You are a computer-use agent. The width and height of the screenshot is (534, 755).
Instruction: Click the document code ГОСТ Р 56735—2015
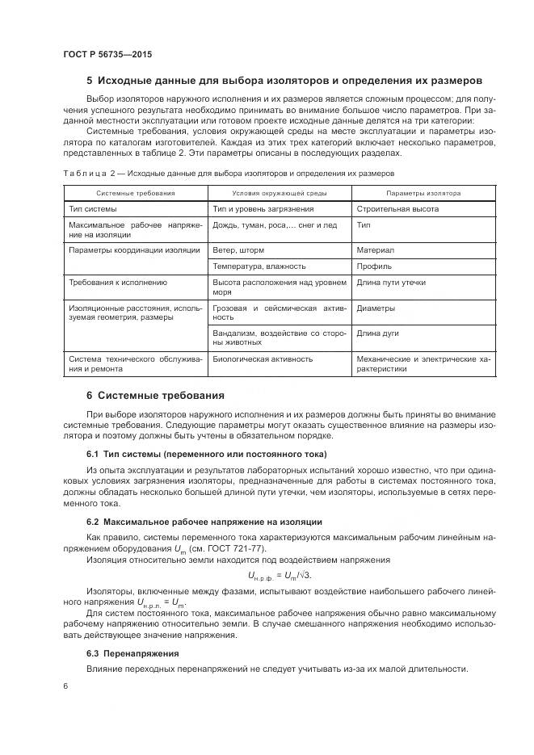(x=107, y=54)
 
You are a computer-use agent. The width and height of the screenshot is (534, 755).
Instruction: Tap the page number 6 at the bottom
(x=65, y=686)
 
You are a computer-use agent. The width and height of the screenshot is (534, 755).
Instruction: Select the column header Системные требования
(x=135, y=194)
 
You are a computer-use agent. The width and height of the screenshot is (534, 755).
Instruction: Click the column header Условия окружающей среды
(x=280, y=194)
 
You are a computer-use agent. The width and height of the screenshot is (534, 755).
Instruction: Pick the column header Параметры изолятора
(x=423, y=194)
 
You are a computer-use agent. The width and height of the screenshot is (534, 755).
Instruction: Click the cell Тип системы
(x=94, y=208)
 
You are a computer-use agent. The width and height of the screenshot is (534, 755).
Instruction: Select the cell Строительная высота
(x=397, y=208)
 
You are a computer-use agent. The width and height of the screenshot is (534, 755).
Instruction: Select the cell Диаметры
(x=376, y=308)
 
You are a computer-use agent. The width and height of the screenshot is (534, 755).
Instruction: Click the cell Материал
(x=376, y=250)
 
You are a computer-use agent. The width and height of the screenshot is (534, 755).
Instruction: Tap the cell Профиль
(x=375, y=266)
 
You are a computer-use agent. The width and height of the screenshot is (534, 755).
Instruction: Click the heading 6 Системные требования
(x=155, y=396)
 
